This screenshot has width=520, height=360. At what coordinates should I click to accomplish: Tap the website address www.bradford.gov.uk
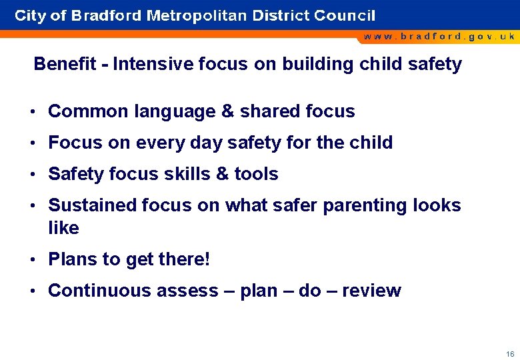click(439, 37)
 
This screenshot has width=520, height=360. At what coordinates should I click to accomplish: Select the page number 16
click(510, 354)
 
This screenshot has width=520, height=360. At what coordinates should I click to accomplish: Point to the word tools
click(257, 174)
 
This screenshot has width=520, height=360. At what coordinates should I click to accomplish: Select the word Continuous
click(99, 291)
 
